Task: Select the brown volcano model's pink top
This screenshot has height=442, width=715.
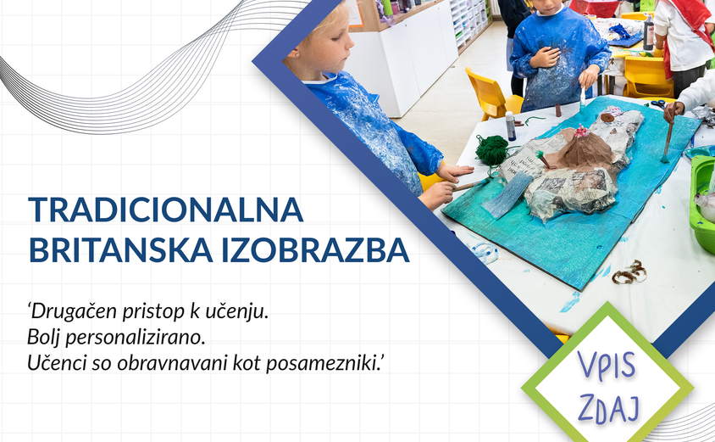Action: click(x=582, y=131)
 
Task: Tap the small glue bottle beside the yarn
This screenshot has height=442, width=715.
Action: click(x=511, y=126)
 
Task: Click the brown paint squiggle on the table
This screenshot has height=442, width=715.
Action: click(x=629, y=271)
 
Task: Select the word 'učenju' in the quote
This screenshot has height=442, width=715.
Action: click(x=238, y=311)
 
